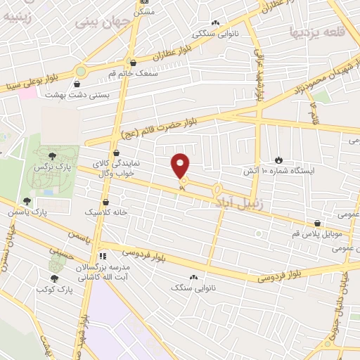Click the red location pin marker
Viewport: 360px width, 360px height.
pyautogui.click(x=181, y=166)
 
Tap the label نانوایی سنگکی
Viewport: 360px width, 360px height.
pyautogui.click(x=215, y=33)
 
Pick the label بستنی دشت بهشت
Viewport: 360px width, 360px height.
pyautogui.click(x=70, y=94)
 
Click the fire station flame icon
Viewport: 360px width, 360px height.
pyautogui.click(x=278, y=160)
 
